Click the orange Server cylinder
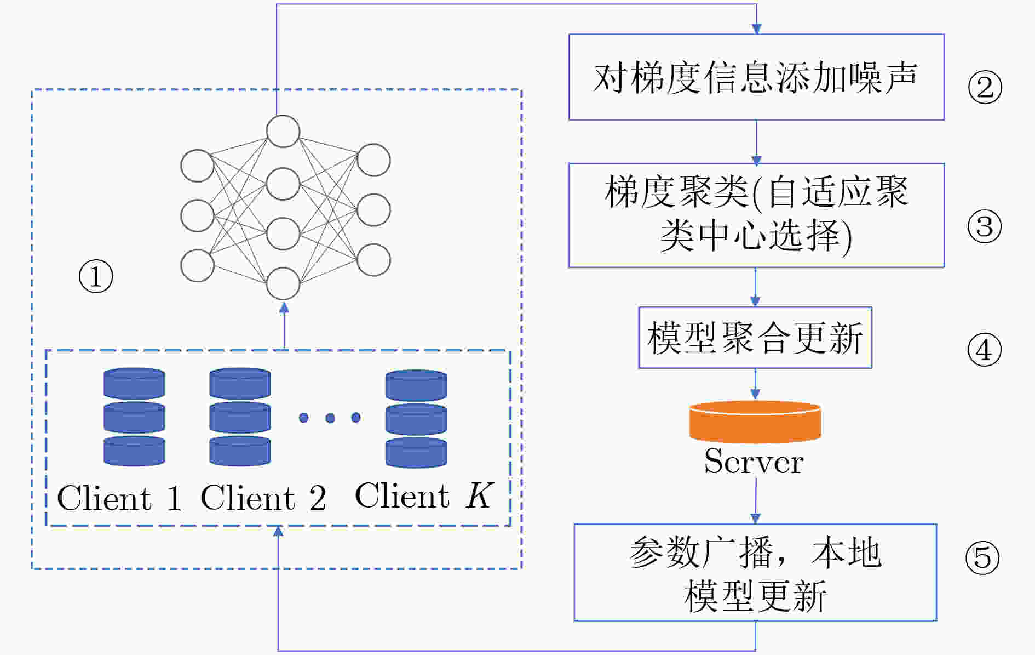[x=755, y=422]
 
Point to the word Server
[x=754, y=462]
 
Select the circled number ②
[x=985, y=87]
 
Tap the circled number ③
[x=984, y=226]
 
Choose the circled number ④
[x=984, y=350]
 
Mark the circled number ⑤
[x=982, y=558]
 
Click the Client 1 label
[x=119, y=498]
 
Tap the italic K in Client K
[x=480, y=495]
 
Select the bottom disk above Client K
[x=416, y=453]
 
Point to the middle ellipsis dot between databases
[x=330, y=418]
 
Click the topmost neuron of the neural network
[x=283, y=132]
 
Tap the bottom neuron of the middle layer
[x=283, y=283]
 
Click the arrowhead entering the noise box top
[x=757, y=29]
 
